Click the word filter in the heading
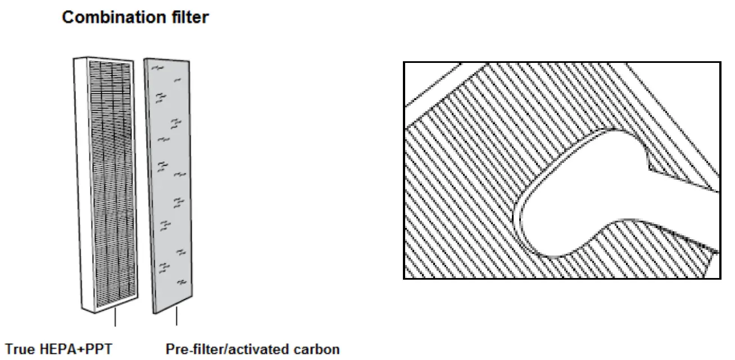point(190,18)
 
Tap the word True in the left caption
point(20,350)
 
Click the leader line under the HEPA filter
point(115,318)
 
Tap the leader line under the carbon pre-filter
point(177,318)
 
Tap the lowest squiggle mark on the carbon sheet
point(180,282)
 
